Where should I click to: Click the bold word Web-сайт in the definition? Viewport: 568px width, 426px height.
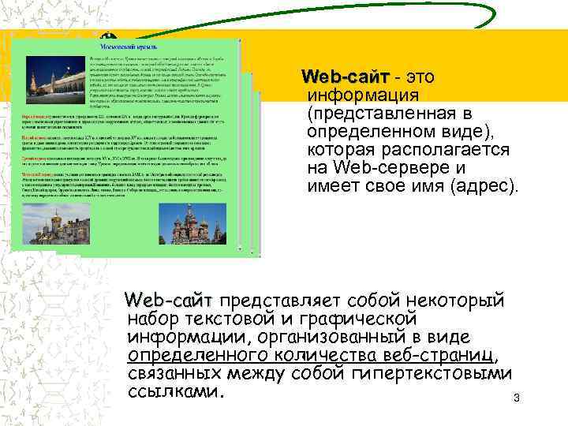tap(346, 77)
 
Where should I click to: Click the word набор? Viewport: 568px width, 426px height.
tap(153, 319)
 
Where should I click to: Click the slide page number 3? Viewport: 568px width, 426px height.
tap(516, 398)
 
